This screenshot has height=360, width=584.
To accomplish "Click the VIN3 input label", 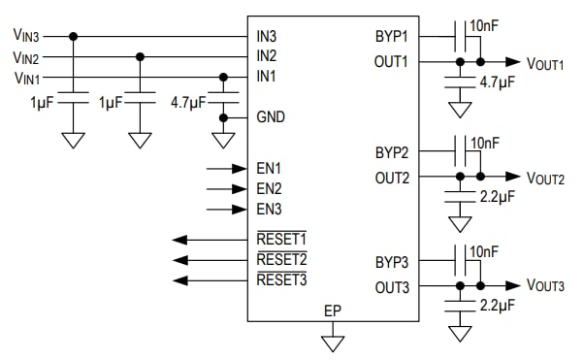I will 25,37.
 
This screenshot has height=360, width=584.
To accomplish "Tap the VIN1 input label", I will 25,77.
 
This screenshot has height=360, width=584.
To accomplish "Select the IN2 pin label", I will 267,56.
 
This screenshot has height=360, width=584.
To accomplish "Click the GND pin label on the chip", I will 271,117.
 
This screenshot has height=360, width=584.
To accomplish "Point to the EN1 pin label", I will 269,168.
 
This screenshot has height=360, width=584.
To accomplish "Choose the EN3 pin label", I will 269,208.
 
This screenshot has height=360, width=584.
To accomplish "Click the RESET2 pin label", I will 281,259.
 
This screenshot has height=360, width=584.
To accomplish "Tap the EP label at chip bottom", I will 334,311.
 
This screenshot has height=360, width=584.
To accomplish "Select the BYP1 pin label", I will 392,37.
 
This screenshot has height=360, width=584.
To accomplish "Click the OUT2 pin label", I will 392,178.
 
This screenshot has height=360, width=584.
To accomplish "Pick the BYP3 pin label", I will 392,263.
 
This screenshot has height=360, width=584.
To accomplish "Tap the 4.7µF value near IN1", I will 188,101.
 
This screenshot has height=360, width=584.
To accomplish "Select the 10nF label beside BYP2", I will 485,143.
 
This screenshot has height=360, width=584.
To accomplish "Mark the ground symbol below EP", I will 334,342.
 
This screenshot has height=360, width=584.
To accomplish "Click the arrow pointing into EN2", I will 228,188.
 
